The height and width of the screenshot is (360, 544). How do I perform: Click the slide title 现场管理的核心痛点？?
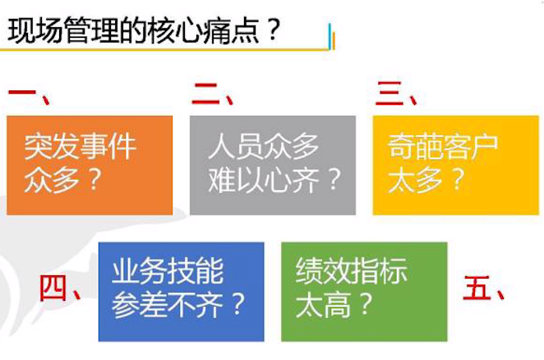click(x=144, y=31)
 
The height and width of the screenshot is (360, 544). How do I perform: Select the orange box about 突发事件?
click(x=90, y=164)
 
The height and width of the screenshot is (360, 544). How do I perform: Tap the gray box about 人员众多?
click(x=273, y=164)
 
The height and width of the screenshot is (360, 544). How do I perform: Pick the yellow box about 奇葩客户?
click(x=456, y=164)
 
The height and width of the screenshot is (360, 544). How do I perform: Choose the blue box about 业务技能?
click(x=181, y=291)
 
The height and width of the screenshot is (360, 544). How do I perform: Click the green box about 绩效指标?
click(x=364, y=291)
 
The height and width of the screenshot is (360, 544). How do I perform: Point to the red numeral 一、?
click(x=29, y=94)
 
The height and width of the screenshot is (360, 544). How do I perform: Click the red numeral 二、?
click(x=213, y=94)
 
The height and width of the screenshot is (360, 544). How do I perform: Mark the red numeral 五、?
click(x=484, y=289)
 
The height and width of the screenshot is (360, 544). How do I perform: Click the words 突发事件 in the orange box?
click(x=80, y=147)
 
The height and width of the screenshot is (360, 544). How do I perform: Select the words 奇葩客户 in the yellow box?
click(x=442, y=147)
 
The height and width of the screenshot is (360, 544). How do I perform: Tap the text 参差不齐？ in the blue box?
click(x=179, y=306)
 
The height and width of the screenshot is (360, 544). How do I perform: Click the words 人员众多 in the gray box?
click(x=263, y=147)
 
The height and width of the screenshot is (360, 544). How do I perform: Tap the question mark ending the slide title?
click(x=272, y=31)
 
